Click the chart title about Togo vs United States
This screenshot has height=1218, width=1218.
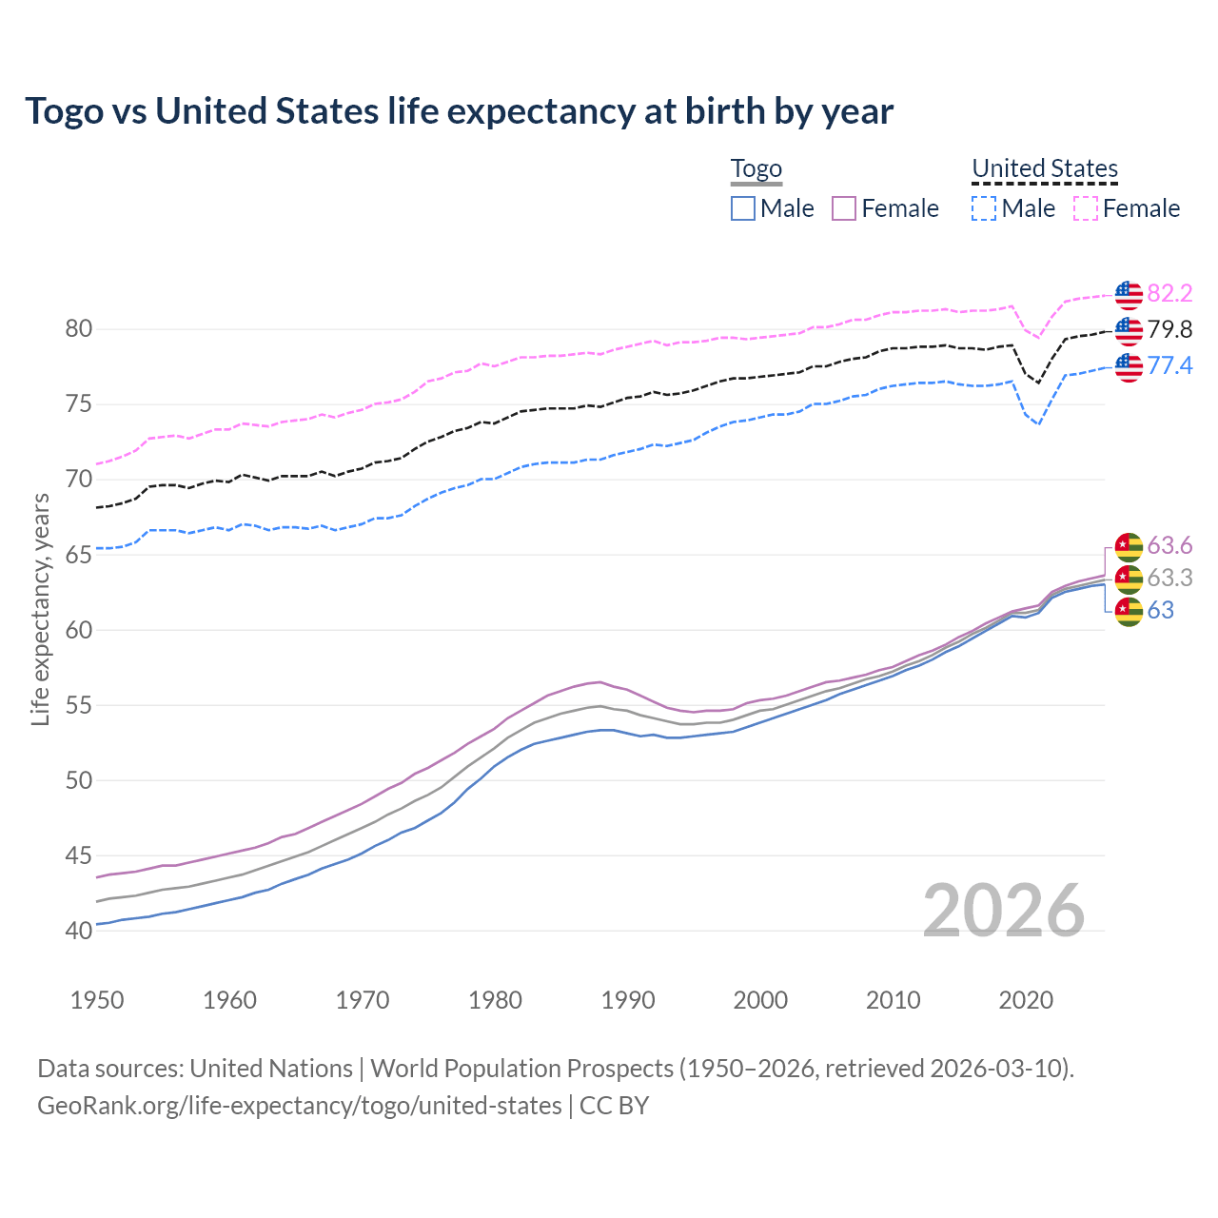[459, 111]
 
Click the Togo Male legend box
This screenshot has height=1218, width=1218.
[743, 208]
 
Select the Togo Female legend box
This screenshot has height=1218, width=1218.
[844, 208]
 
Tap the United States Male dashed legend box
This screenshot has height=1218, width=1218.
[984, 208]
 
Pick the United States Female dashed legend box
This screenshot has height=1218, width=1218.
[1086, 208]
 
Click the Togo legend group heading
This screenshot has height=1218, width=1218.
[756, 169]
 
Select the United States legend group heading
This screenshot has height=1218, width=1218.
[1044, 169]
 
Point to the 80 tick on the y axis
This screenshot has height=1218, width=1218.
[79, 329]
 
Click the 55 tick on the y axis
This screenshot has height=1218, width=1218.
[79, 705]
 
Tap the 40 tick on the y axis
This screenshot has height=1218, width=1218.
[79, 931]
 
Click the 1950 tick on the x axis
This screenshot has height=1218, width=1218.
[97, 1000]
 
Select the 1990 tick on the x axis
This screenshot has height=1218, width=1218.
[628, 1000]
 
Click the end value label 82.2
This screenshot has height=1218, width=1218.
[1169, 294]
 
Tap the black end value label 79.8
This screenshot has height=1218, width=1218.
[1169, 330]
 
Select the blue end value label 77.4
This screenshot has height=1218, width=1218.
[1169, 366]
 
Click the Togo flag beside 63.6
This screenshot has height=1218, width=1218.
[1129, 546]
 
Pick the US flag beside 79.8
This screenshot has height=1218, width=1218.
[1129, 330]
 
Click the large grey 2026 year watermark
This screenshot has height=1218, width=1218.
[1003, 911]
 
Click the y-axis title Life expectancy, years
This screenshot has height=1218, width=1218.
[41, 609]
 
